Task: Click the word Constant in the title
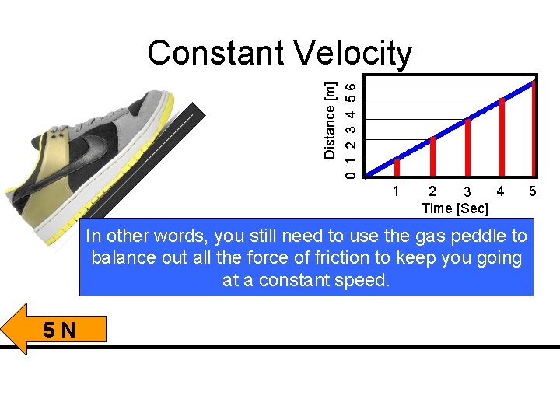(x=215, y=54)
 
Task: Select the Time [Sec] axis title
(x=455, y=208)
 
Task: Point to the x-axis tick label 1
(x=397, y=191)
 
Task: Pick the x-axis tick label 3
(x=466, y=192)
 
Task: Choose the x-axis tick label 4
(x=500, y=191)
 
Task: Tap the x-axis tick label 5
(x=533, y=191)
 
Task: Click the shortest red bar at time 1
(x=397, y=167)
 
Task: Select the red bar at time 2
(x=432, y=156)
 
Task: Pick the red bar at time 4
(x=502, y=137)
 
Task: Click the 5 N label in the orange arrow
(x=60, y=330)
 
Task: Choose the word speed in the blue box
(x=363, y=280)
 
